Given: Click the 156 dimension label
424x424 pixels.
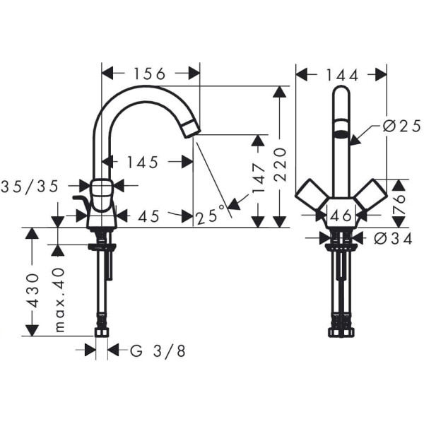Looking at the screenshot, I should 150,73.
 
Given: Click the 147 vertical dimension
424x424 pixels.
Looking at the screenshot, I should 259,178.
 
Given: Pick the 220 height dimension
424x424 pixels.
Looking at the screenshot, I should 281,164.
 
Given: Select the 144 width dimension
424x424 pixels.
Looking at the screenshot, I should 342,74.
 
